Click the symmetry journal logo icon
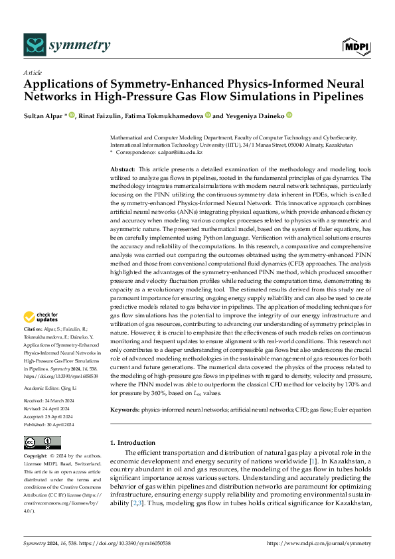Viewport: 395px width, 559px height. tap(35, 45)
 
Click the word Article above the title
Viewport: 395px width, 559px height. tap(32, 72)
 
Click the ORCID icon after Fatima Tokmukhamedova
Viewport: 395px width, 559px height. tap(208, 116)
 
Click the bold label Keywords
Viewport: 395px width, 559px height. tap(124, 410)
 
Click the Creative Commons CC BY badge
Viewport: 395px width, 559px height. tap(42, 443)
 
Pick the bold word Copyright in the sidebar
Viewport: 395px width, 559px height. tap(37, 457)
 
